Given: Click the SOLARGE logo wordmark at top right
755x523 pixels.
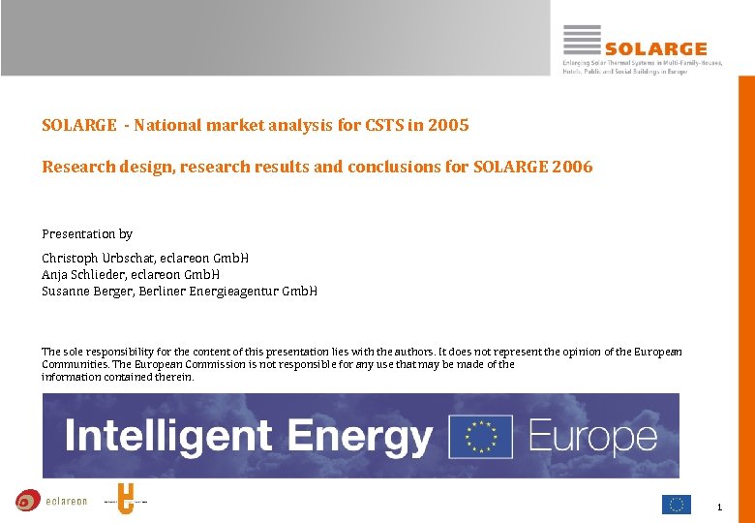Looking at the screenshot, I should click(x=655, y=48).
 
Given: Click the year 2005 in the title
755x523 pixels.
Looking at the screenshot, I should click(x=450, y=125).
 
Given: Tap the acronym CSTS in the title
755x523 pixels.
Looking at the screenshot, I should click(x=384, y=125).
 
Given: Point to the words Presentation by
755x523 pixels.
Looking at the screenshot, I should click(x=87, y=234).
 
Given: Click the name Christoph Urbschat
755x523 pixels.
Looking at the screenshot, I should click(x=93, y=259).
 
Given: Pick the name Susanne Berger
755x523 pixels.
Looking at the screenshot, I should click(x=84, y=292).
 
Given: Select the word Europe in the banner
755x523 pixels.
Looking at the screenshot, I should click(x=592, y=437).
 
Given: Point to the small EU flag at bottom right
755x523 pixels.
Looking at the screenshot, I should click(x=676, y=504).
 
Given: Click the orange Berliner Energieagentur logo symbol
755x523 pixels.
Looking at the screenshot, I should click(x=124, y=500).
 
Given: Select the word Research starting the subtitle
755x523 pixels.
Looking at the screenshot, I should click(x=77, y=167).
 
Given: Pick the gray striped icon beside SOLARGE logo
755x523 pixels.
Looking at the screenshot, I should click(x=582, y=40).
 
